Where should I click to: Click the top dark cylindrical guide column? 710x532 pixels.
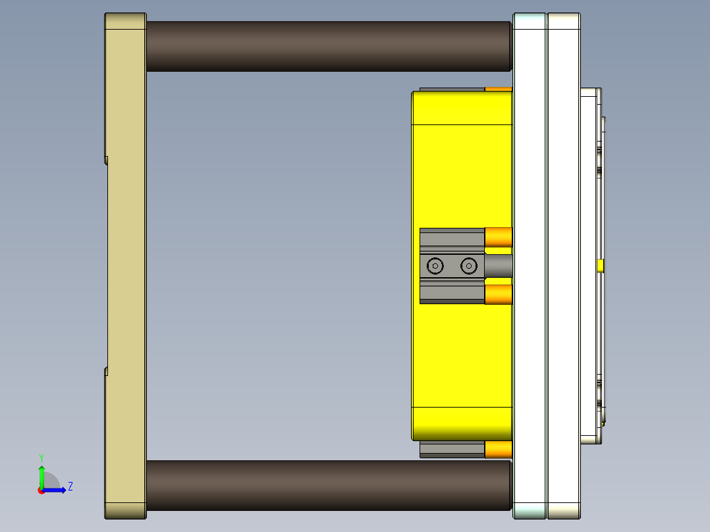(x=328, y=46)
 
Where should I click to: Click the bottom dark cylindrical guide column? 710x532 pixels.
(x=328, y=485)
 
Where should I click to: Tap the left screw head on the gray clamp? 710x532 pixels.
(x=435, y=266)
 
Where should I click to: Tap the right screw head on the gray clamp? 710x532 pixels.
(x=468, y=266)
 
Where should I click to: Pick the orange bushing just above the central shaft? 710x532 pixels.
(x=499, y=237)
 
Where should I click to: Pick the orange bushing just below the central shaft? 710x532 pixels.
(x=499, y=294)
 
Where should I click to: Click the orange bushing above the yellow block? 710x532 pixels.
(x=499, y=89)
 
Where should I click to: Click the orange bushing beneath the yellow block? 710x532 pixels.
(x=499, y=450)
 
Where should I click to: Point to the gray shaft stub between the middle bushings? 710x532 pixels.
(x=498, y=266)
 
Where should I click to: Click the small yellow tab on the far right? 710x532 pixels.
(x=600, y=266)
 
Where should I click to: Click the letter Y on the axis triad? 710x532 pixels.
(x=41, y=457)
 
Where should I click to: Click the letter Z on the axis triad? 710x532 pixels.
(x=70, y=487)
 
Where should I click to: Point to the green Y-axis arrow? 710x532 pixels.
(x=41, y=475)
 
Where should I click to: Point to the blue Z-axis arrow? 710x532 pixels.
(x=57, y=490)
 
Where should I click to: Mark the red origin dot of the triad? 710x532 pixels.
(x=41, y=491)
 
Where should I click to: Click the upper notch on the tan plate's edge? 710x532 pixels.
(x=106, y=159)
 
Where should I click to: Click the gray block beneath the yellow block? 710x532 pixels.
(x=452, y=450)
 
